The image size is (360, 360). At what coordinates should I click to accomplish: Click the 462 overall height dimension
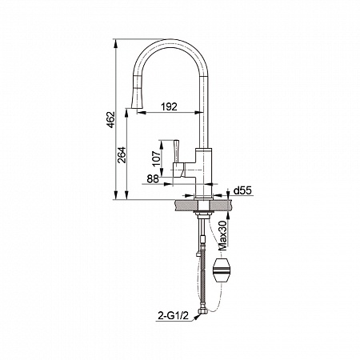click(x=111, y=120)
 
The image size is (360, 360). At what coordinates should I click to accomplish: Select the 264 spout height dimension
click(x=122, y=155)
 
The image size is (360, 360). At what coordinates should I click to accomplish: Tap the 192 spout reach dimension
click(x=169, y=106)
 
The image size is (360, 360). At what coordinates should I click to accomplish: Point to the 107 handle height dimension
click(x=157, y=158)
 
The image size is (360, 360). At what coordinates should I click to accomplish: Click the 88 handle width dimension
click(x=153, y=179)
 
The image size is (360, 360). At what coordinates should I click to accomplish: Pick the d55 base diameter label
click(x=242, y=190)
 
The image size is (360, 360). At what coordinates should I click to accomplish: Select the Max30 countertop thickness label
click(x=222, y=235)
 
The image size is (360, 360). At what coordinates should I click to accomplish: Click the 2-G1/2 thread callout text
click(x=173, y=316)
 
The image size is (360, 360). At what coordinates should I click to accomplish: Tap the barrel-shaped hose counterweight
click(x=222, y=272)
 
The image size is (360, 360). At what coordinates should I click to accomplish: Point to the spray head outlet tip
click(x=137, y=107)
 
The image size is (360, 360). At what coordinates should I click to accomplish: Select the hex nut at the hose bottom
click(x=202, y=311)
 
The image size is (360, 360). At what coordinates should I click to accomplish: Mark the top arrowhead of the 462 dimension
click(x=116, y=43)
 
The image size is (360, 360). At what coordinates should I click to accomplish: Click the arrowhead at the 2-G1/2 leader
click(x=198, y=317)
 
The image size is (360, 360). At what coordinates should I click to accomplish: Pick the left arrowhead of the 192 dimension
click(x=142, y=113)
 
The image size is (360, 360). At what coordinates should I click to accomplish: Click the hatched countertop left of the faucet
click(x=184, y=205)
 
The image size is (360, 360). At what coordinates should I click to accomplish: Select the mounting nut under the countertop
click(x=204, y=214)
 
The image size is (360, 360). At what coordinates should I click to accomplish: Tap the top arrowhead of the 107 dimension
click(x=161, y=144)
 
